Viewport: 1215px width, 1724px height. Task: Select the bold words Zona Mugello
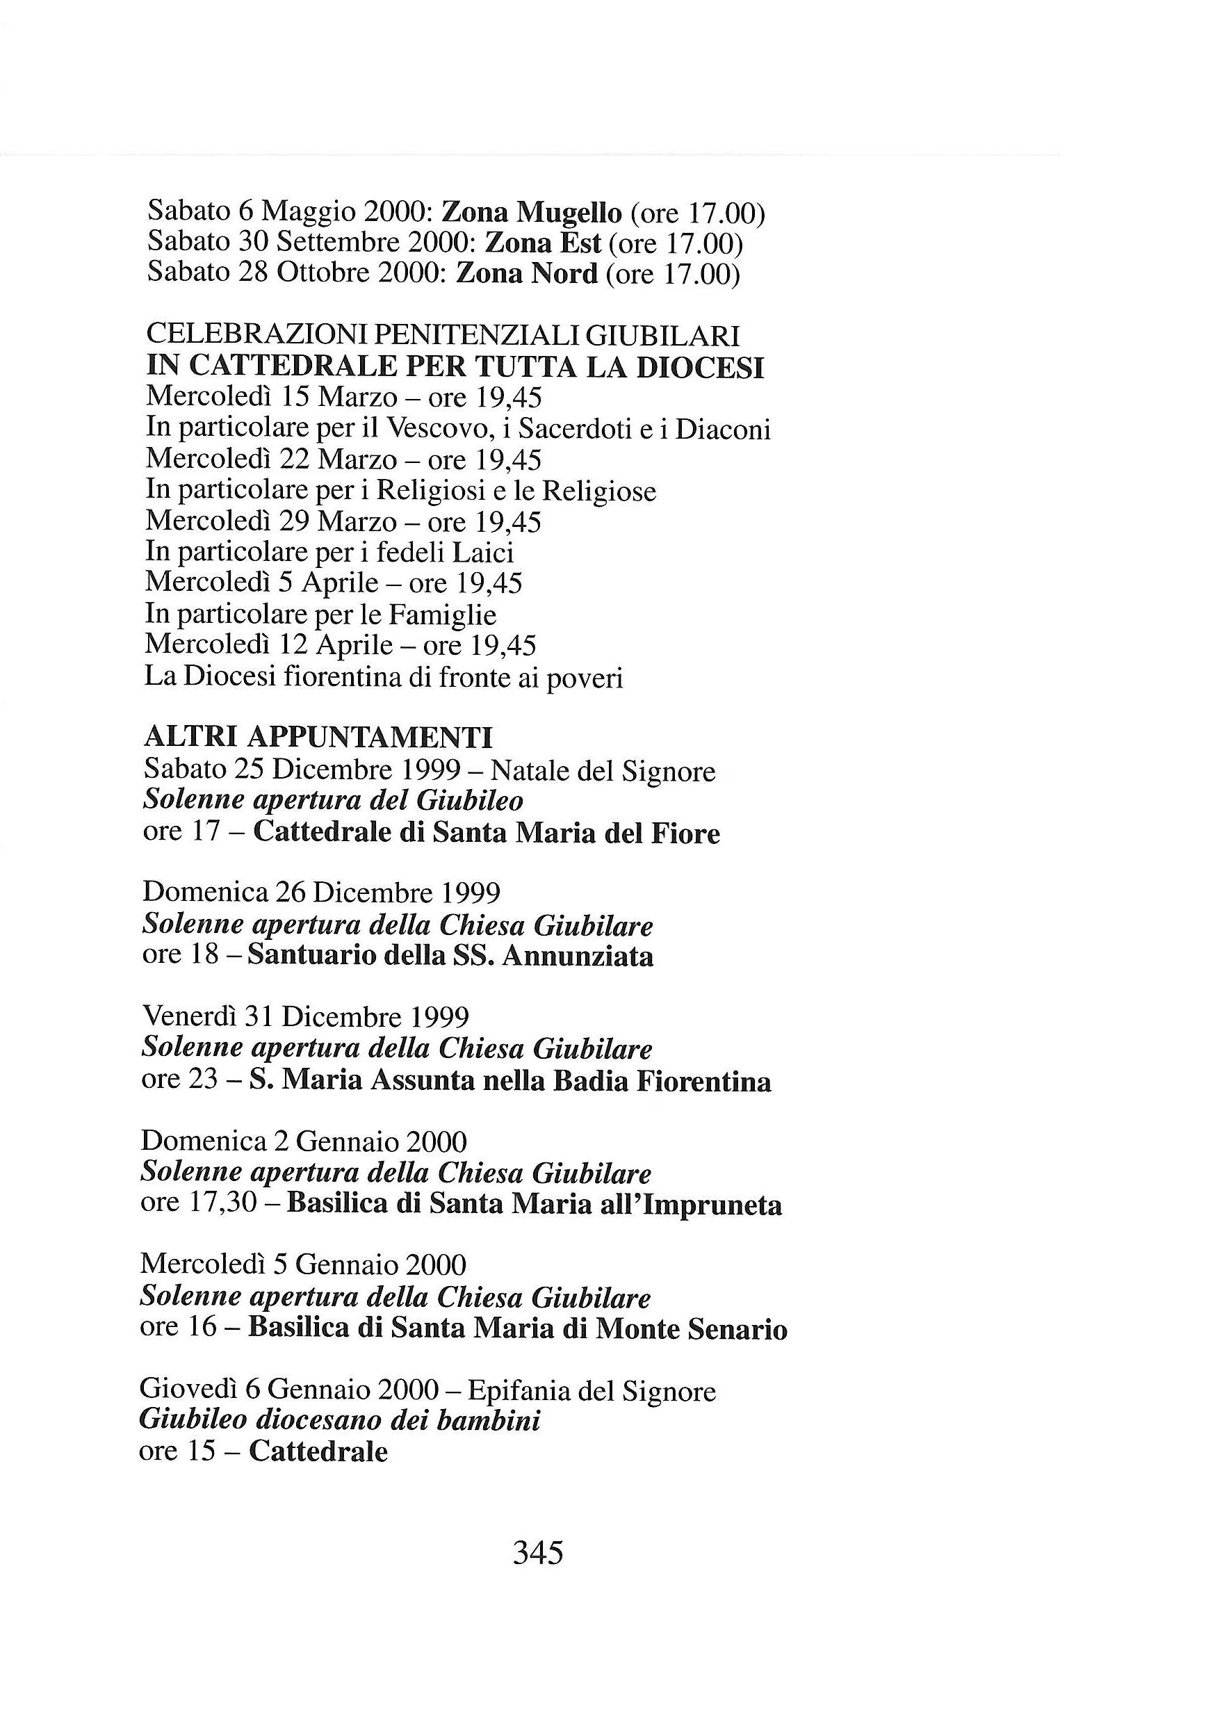532,214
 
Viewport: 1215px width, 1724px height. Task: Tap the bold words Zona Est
544,244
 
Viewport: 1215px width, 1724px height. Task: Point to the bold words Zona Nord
527,274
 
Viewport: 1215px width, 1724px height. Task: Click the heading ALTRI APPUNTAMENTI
318,738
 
